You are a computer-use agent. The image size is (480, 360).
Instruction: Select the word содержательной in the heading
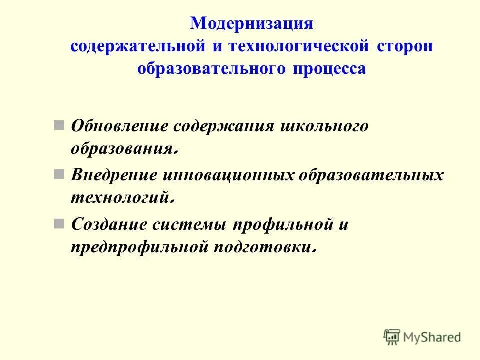(x=137, y=46)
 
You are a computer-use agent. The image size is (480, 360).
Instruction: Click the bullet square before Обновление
(x=59, y=124)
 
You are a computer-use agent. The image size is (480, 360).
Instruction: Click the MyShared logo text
(x=432, y=337)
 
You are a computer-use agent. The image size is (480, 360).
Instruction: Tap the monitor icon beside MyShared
(x=392, y=337)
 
